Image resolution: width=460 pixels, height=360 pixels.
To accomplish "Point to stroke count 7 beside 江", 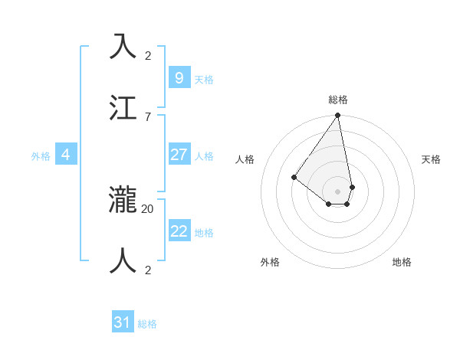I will (x=147, y=116).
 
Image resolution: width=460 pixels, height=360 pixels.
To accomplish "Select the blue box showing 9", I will (x=179, y=77).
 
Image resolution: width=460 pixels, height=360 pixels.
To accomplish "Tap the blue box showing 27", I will (x=179, y=155).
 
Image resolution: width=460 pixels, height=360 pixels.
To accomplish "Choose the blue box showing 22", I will (x=179, y=231).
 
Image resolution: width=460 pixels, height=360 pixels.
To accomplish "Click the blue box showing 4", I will (x=66, y=155).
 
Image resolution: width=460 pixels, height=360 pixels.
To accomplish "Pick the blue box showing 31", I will (x=123, y=322).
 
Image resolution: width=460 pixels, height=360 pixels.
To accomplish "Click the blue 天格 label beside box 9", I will (x=203, y=80).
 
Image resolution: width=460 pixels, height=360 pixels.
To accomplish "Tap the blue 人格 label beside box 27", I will (x=203, y=156).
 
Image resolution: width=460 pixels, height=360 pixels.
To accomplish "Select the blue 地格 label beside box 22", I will (x=203, y=233).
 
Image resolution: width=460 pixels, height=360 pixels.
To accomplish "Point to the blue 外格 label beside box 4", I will (x=41, y=156).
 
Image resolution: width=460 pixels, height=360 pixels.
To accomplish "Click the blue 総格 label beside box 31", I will (x=147, y=324).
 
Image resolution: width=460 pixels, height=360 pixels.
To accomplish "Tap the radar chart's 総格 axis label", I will (x=338, y=100).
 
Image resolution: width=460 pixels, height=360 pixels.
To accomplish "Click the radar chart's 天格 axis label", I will (x=431, y=159).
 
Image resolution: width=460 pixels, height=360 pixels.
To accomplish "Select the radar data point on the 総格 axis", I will (x=337, y=116).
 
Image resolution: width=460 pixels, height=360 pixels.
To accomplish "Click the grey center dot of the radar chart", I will (x=337, y=191).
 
